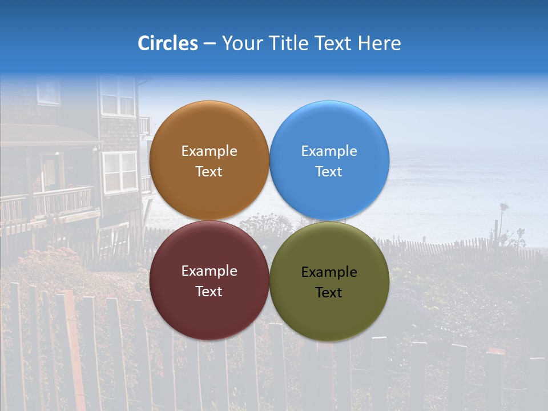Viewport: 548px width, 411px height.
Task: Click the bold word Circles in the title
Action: click(x=168, y=43)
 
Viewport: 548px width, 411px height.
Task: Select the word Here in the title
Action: click(x=379, y=43)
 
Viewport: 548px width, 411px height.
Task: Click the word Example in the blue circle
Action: click(x=329, y=151)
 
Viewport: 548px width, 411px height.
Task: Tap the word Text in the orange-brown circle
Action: click(x=209, y=172)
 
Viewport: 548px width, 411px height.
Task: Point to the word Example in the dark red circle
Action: click(x=209, y=271)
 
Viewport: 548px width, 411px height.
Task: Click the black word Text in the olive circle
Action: click(x=329, y=293)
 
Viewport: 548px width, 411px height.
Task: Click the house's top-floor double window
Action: click(x=118, y=96)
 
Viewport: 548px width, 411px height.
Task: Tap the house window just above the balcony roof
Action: click(x=120, y=171)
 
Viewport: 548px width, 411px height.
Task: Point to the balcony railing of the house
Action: click(x=63, y=200)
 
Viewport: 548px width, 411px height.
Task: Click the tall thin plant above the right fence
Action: click(x=503, y=223)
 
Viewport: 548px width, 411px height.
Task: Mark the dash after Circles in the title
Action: click(x=209, y=43)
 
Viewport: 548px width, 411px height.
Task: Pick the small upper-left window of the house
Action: click(x=48, y=90)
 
